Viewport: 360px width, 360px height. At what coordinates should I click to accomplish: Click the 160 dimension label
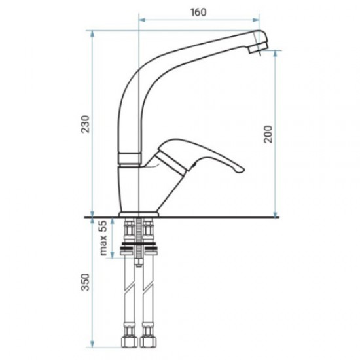(198, 12)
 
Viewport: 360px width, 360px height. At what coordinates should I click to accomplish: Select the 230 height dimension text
(85, 124)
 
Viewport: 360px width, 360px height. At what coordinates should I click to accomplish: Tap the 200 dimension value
(268, 134)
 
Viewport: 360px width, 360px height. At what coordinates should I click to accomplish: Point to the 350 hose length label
(85, 282)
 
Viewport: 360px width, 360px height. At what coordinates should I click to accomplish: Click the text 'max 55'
(103, 238)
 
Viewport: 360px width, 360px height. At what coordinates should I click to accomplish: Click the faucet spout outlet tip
(259, 48)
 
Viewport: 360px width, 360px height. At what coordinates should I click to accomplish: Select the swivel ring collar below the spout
(130, 158)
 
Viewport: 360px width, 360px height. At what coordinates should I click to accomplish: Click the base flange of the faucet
(139, 214)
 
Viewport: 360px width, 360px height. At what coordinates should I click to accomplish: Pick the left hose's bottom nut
(129, 342)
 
